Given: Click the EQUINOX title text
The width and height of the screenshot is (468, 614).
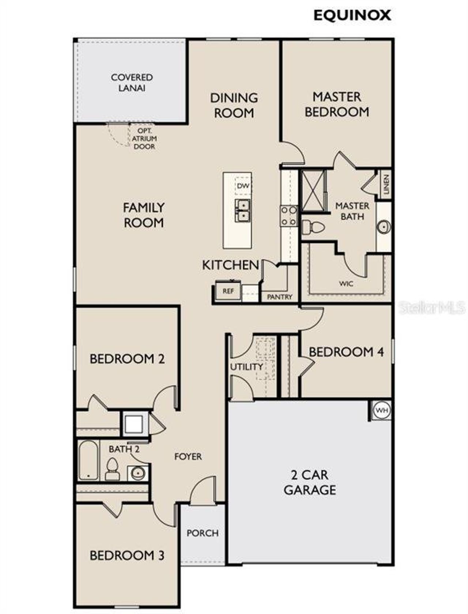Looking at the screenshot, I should (x=352, y=15).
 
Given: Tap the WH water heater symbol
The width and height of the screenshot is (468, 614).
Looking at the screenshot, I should (x=382, y=410).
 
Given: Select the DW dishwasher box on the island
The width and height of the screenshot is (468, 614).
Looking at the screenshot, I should (x=243, y=186).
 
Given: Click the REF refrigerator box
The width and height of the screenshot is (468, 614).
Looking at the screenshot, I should (x=228, y=292).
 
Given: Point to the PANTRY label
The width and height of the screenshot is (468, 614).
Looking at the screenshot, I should (x=280, y=297).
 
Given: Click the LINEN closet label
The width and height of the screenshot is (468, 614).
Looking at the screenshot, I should (x=386, y=184).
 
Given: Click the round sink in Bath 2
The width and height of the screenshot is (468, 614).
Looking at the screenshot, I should (x=138, y=474).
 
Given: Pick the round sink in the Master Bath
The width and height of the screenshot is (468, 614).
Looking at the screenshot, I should (x=384, y=227).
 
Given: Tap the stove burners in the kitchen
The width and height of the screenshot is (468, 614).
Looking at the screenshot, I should (x=288, y=216).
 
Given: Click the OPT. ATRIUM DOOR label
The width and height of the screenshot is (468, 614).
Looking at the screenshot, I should (x=144, y=139).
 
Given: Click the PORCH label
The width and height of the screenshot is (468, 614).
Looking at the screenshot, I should (x=203, y=533).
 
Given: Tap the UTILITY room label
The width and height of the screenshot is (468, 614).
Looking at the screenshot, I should (x=246, y=367).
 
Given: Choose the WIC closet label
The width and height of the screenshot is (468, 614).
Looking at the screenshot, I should (x=346, y=284).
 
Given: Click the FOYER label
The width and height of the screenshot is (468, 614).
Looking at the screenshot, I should (x=188, y=456).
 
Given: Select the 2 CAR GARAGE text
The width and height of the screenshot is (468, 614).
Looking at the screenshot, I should (x=310, y=482).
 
